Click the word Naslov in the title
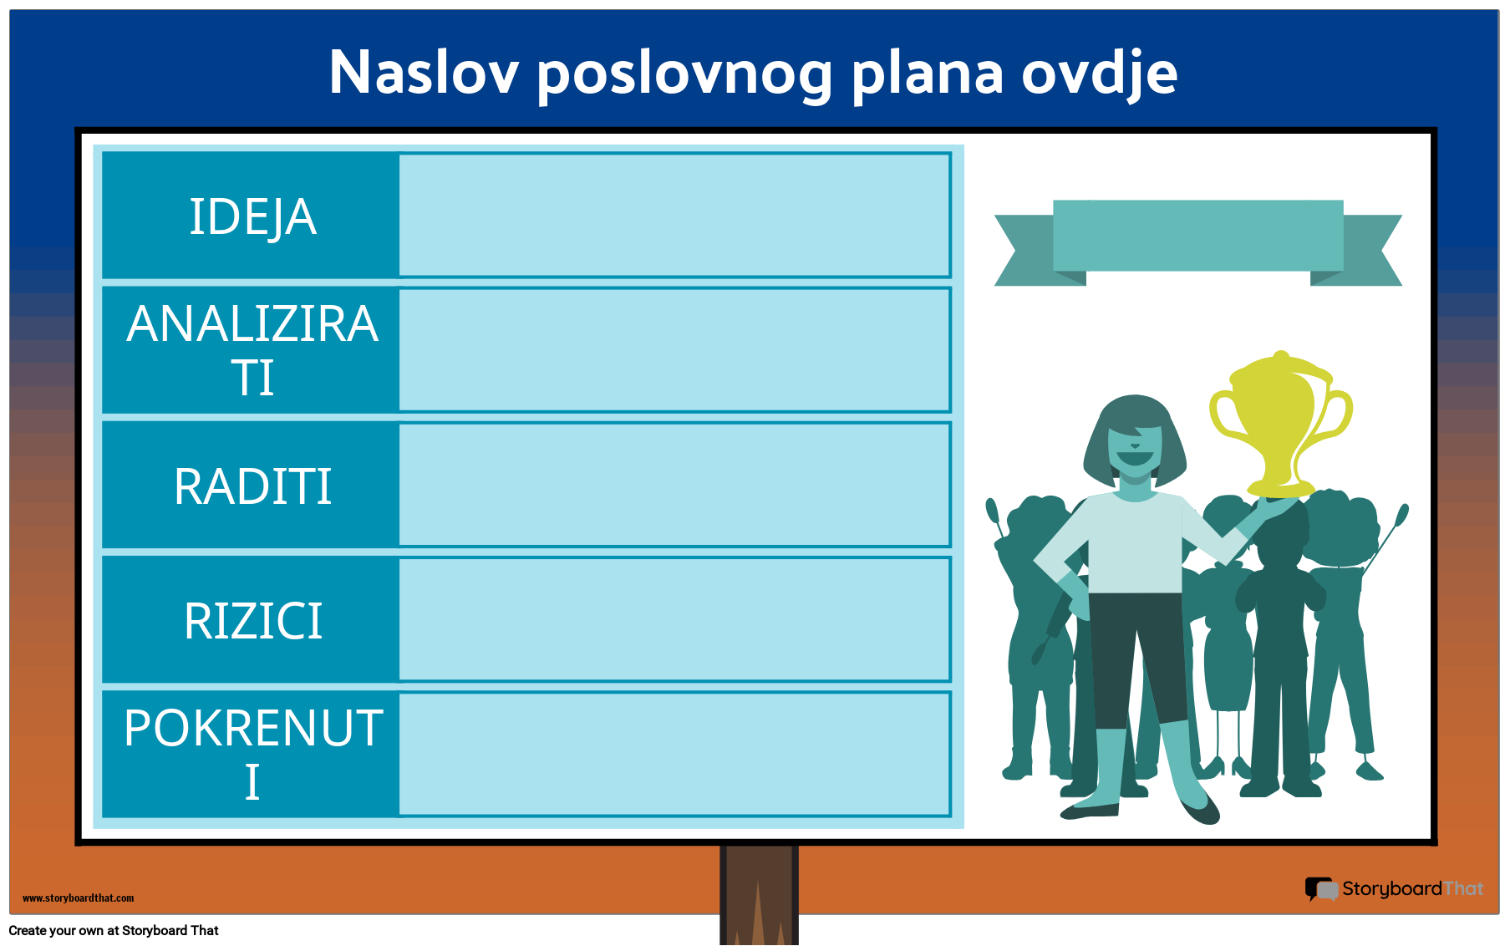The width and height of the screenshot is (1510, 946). click(424, 73)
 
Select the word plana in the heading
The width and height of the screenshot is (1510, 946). click(927, 73)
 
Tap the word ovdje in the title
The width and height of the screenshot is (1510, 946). click(1099, 73)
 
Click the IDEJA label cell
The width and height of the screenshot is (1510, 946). click(252, 216)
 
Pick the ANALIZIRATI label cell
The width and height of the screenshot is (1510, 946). click(252, 350)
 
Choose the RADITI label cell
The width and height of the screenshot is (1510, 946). click(252, 486)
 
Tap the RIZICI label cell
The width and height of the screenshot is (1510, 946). click(252, 620)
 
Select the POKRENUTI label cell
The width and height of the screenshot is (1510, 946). click(252, 754)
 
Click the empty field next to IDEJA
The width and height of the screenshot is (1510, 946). click(674, 215)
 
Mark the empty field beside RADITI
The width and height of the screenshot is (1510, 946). click(674, 485)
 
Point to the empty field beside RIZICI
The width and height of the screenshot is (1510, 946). click(674, 619)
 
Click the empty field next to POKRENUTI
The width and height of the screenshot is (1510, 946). click(674, 754)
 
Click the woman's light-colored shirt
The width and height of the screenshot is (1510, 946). click(1134, 543)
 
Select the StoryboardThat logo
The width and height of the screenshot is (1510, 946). click(1394, 888)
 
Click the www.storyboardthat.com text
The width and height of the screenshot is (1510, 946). click(78, 898)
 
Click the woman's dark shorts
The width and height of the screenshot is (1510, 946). click(1136, 652)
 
